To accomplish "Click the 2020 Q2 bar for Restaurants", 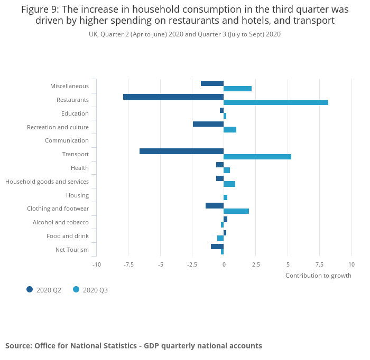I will pos(173,97).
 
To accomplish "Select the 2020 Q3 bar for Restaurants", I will pos(276,102).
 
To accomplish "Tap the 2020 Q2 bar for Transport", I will pos(181,151).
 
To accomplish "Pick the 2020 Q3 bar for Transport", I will pos(257,157).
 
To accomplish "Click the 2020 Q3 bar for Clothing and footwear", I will pos(236,211).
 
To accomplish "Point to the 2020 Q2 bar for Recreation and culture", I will pos(208,124).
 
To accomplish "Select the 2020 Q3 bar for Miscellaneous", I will pos(237,89).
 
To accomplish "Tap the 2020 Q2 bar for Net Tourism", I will pos(217,247).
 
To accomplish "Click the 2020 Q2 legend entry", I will pos(44,290).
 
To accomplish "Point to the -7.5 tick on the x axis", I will pos(128,264).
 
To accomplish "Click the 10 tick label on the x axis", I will pos(351,264).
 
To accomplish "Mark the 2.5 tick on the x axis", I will pos(256,264).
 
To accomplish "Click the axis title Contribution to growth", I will pos(318,276).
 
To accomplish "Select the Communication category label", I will pos(67,140).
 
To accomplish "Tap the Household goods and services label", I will pos(47,182).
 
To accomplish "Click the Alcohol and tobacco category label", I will pos(61,222).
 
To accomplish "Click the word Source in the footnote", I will pos(18,346).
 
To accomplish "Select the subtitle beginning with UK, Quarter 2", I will pos(184,34).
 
